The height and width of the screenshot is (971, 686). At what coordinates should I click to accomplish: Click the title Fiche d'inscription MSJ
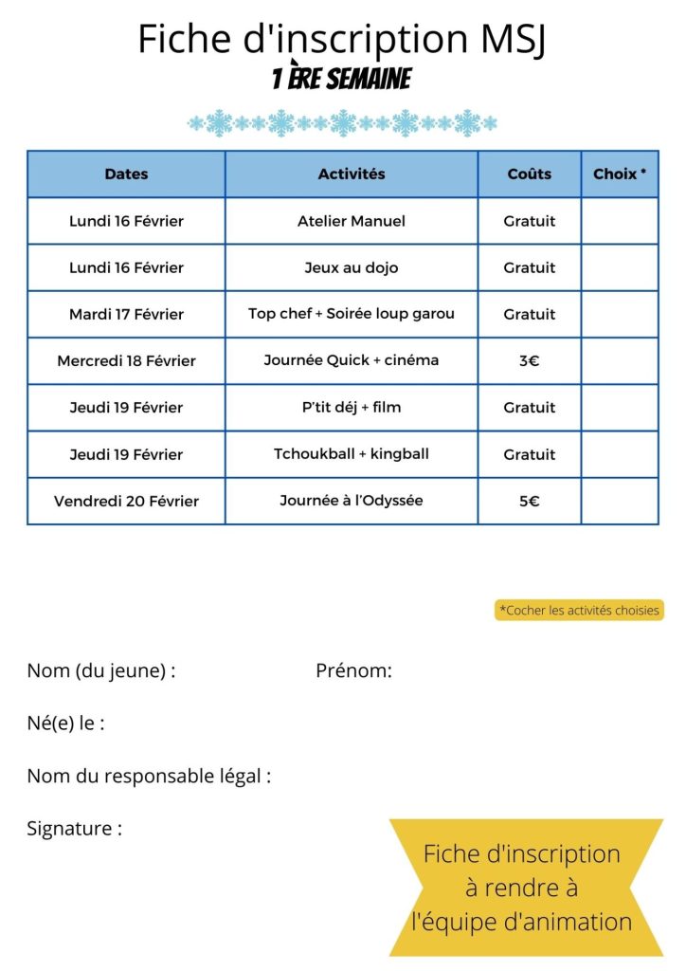click(342, 39)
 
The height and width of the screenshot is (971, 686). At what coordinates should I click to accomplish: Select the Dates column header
click(126, 174)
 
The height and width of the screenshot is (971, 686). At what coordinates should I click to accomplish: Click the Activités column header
click(352, 174)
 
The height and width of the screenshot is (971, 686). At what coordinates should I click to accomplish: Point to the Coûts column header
click(530, 174)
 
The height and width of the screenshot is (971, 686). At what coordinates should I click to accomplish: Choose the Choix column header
click(620, 174)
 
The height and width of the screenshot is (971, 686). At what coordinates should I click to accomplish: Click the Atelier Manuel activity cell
click(352, 221)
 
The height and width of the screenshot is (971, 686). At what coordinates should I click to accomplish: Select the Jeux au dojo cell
click(352, 267)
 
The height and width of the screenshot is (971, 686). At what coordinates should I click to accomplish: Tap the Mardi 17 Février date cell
click(126, 314)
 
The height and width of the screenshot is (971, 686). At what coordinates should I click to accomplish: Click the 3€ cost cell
click(530, 360)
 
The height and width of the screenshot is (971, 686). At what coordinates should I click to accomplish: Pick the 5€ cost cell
click(530, 501)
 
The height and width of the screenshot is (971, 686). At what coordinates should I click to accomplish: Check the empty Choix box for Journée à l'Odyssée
click(620, 501)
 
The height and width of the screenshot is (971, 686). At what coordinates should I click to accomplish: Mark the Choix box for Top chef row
click(620, 314)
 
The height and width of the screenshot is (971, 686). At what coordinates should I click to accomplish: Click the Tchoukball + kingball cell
click(352, 454)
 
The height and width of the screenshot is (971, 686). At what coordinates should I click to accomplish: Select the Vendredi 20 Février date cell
click(126, 501)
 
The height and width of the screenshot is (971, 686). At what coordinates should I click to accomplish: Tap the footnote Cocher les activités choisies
click(579, 611)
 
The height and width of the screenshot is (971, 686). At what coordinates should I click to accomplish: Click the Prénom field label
click(353, 671)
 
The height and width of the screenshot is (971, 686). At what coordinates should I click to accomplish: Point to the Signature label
click(74, 829)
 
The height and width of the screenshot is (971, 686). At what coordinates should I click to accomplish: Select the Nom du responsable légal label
click(149, 777)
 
